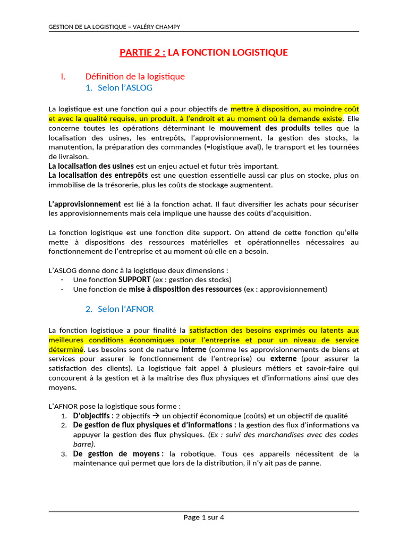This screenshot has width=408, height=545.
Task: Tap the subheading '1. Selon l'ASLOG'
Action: click(122, 88)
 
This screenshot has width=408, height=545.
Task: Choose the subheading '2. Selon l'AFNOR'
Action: click(120, 309)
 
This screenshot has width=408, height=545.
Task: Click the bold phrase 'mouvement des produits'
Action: click(265, 128)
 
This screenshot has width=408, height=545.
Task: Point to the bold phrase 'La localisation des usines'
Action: click(91, 166)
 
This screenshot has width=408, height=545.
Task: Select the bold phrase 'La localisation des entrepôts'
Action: click(98, 175)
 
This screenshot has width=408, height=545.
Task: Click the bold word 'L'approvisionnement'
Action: click(84, 204)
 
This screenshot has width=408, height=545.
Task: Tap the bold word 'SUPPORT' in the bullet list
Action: click(134, 279)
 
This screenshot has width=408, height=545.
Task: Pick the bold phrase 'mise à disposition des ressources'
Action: click(185, 289)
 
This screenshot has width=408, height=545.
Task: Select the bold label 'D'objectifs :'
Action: click(93, 416)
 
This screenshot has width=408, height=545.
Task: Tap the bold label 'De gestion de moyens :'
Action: click(117, 454)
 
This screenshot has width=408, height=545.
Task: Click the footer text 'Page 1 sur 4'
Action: click(204, 517)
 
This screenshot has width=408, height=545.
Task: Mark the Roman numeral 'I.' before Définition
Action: click(63, 77)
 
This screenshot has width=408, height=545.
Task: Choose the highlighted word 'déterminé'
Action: click(66, 350)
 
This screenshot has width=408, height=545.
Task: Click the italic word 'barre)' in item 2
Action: click(84, 444)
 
